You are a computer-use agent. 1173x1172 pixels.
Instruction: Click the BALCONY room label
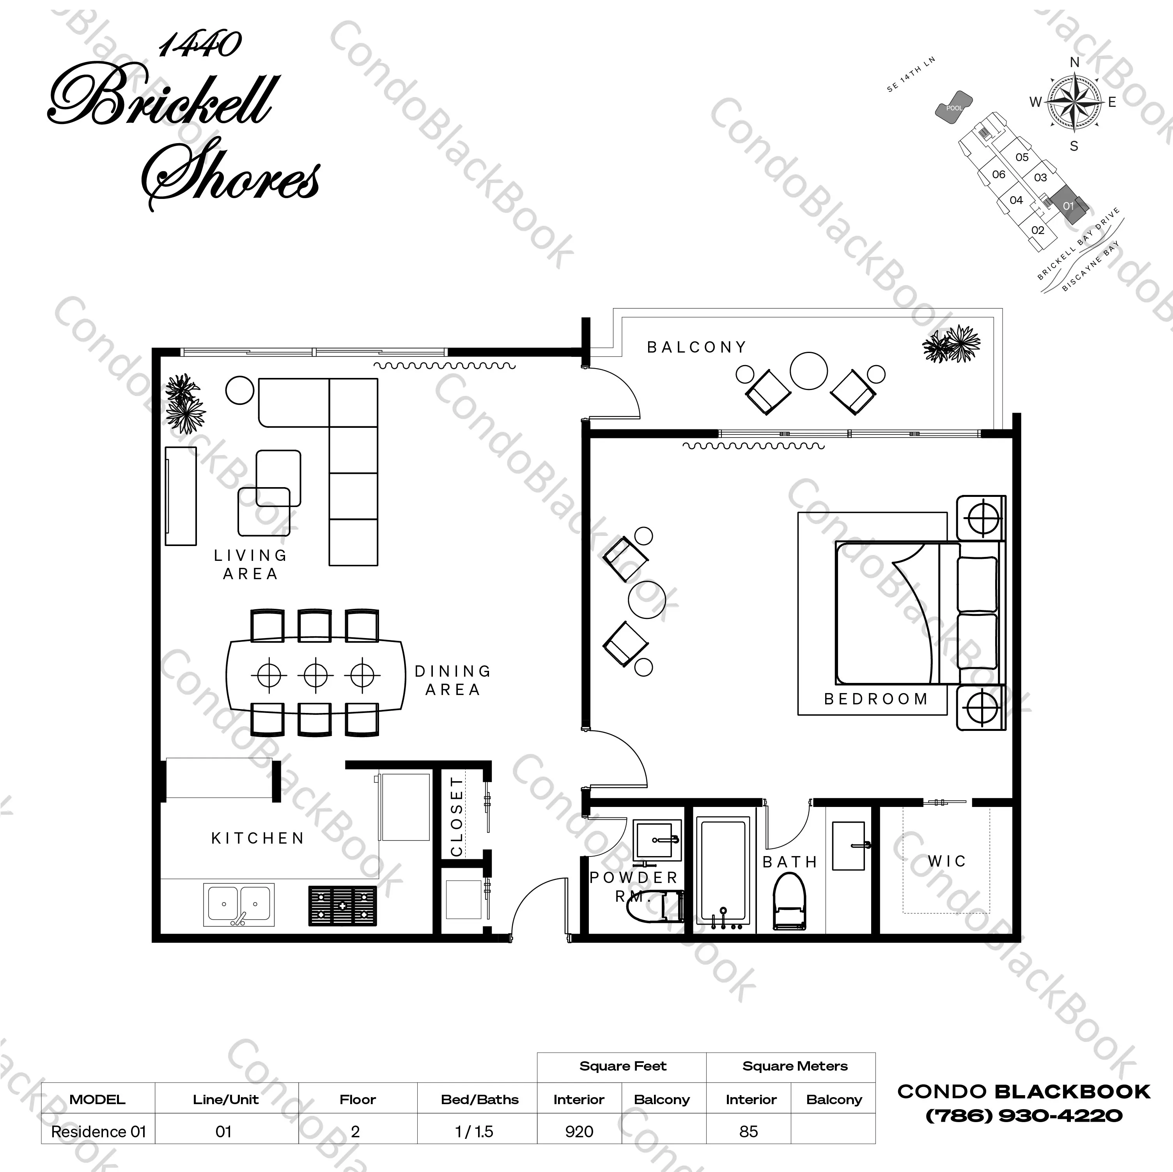(696, 348)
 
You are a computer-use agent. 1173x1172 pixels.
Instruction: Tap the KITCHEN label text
(257, 839)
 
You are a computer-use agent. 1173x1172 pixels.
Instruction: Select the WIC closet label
(946, 861)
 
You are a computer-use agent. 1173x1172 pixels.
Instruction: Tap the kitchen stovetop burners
(342, 905)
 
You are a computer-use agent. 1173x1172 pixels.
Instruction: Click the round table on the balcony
(809, 371)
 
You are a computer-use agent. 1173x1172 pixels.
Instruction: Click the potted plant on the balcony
(952, 344)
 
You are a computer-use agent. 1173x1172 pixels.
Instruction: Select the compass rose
(1075, 102)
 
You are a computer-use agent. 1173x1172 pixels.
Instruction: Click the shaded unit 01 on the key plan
(1068, 205)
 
